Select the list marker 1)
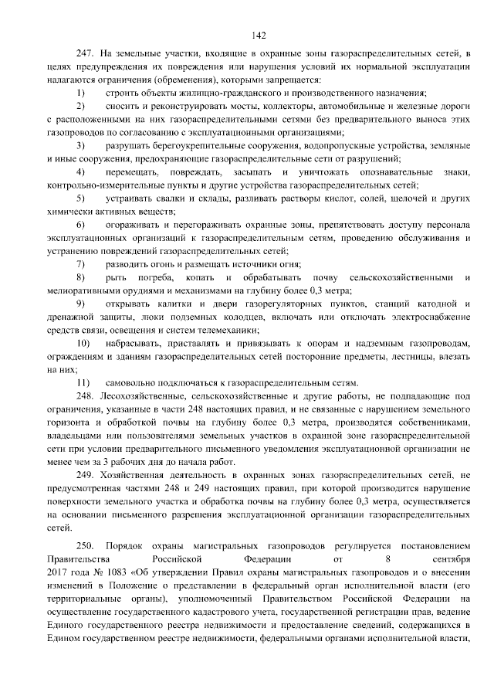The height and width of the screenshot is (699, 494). (81, 93)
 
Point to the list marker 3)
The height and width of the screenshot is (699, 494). (81, 145)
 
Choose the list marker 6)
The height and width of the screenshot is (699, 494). (81, 224)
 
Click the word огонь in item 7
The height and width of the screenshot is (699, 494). (164, 263)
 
